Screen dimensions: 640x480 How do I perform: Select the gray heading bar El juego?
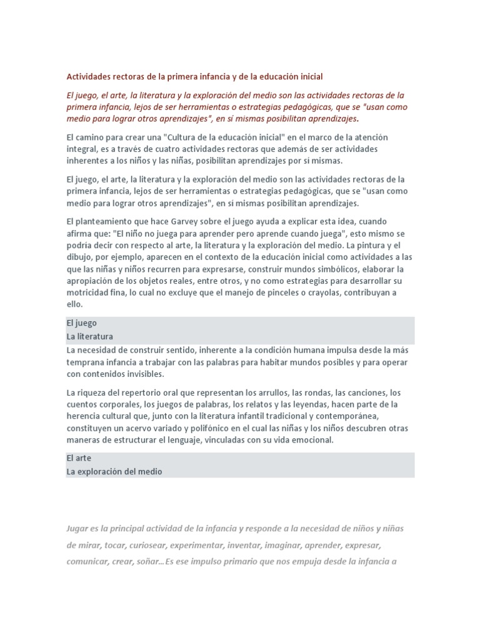coord(240,323)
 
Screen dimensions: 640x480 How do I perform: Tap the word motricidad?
coord(87,292)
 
